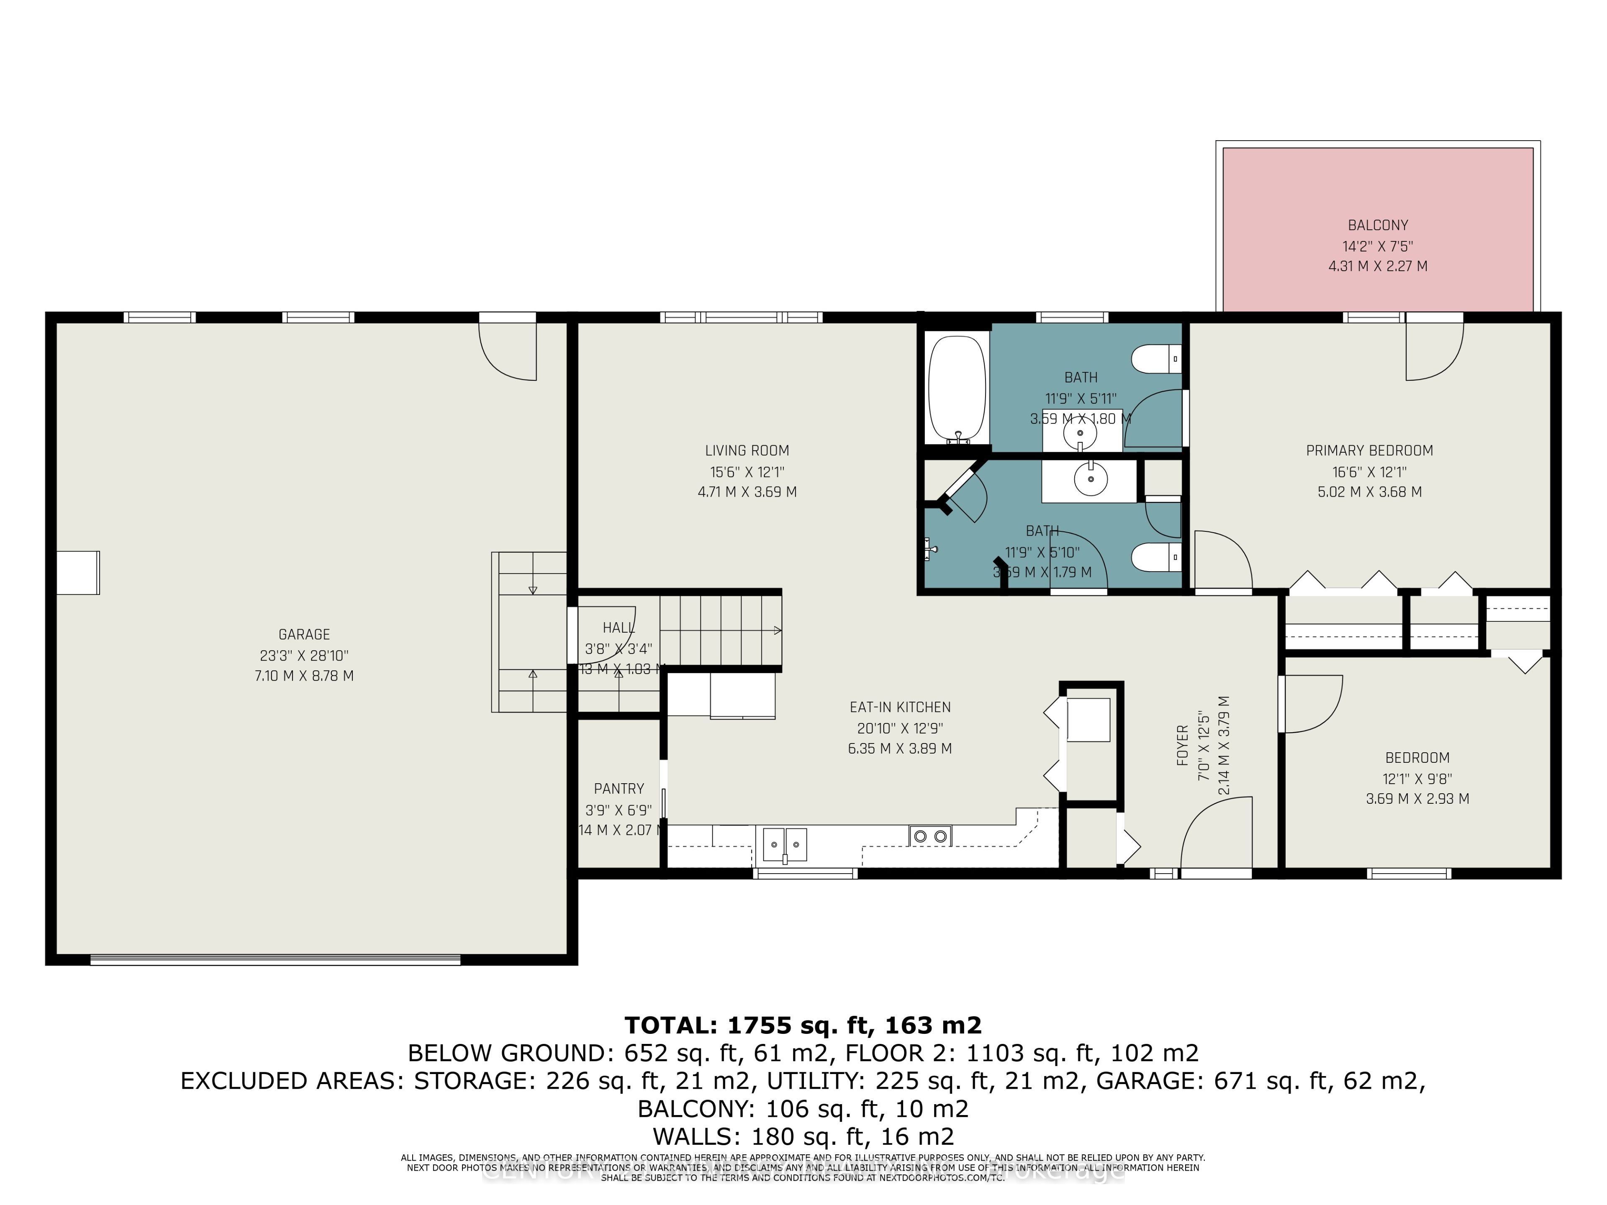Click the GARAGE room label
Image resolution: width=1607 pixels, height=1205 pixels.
coord(304,634)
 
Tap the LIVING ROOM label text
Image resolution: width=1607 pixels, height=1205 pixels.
coord(747,450)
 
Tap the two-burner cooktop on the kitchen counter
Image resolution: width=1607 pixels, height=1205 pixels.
coord(931,836)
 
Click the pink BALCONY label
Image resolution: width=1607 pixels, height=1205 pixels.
coord(1377,225)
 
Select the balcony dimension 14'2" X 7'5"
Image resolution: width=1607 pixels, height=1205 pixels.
coord(1377,246)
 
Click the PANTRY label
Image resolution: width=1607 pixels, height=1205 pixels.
coord(619,789)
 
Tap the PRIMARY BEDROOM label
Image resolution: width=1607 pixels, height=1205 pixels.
coord(1369,450)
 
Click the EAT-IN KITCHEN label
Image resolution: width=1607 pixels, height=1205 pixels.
coord(900,707)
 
